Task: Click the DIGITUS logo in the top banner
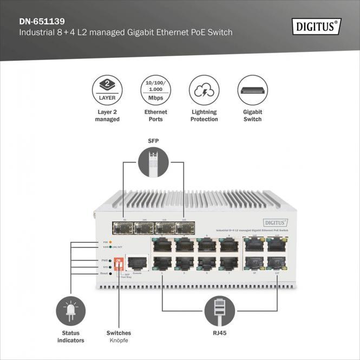pos(317,26)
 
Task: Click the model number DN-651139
pos(42,22)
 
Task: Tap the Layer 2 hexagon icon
pos(107,90)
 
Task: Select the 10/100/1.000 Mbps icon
pos(155,90)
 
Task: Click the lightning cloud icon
pos(204,90)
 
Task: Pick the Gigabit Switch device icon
pos(252,90)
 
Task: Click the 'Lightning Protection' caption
pos(204,115)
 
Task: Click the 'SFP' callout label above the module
pos(153,141)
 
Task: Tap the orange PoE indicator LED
pos(110,241)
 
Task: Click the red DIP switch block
pos(119,264)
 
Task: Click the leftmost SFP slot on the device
pos(125,228)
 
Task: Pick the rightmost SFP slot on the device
pos(184,228)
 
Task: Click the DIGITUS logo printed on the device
pos(275,222)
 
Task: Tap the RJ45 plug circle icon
pos(219,311)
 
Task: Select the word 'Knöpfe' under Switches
pos(118,341)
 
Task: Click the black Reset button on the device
pos(110,273)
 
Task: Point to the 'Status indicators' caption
pos(70,337)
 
